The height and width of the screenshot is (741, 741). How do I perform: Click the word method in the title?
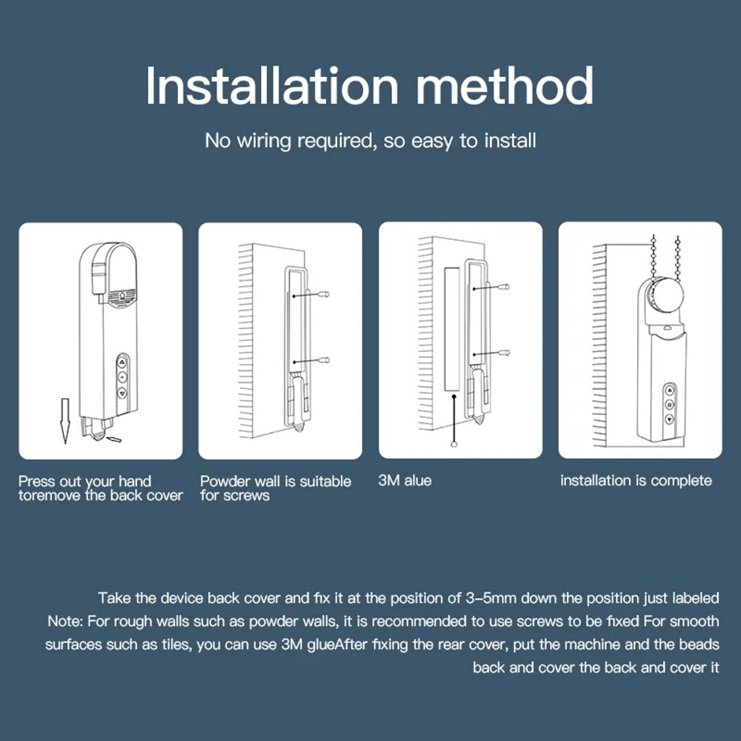505,86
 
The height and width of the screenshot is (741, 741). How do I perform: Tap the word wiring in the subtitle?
264,140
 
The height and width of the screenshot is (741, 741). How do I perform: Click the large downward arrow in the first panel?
65,419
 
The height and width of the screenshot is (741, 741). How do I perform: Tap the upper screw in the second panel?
324,295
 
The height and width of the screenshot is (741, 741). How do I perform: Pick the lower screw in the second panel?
324,360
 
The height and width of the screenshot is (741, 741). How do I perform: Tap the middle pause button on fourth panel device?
669,405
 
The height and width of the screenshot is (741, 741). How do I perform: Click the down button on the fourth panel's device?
669,419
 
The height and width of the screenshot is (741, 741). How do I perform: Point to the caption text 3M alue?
405,481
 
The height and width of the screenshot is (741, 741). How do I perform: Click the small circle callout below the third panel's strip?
452,445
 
